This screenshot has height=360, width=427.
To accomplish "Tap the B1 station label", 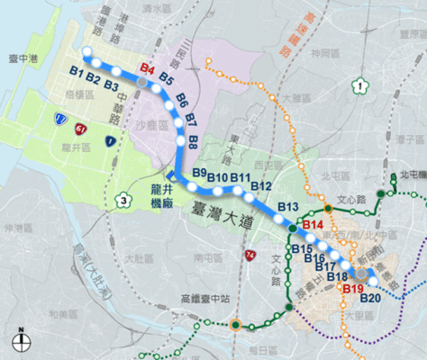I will pos(76,72).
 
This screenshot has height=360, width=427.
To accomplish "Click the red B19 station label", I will pos(353,288).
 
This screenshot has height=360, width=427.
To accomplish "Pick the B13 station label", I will pos(287,208).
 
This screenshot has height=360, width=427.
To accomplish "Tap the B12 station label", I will pos(261,185).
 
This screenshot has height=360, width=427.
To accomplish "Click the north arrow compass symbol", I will pos(18,340).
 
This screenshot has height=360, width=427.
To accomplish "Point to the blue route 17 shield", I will pos(60,118).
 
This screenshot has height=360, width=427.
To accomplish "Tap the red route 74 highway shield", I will pos(249,257).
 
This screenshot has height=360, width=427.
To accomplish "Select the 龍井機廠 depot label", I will pos(161,197).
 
